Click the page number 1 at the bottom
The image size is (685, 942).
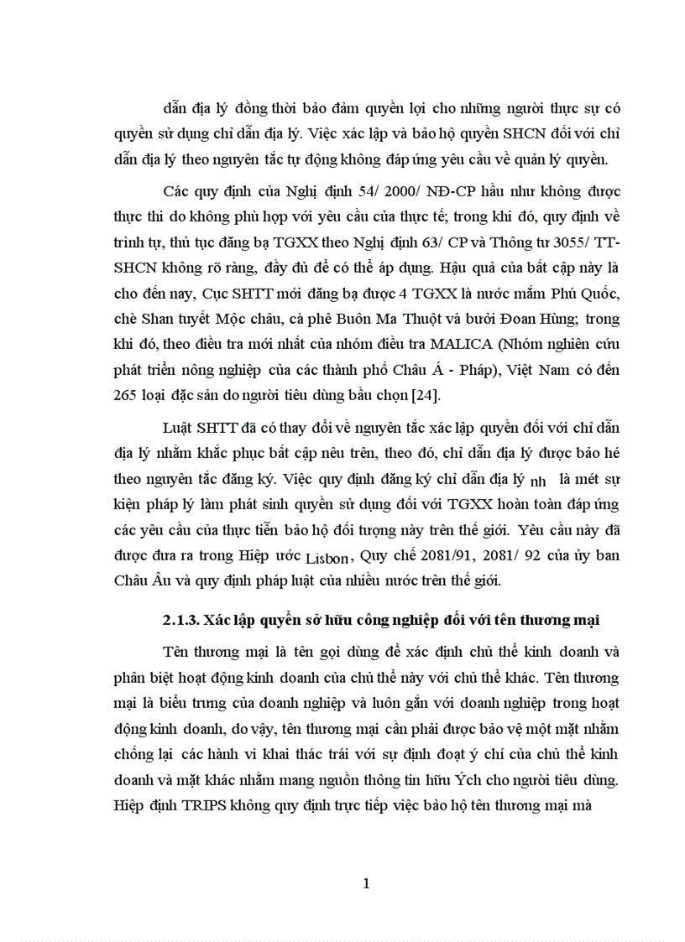pyautogui.click(x=365, y=883)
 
